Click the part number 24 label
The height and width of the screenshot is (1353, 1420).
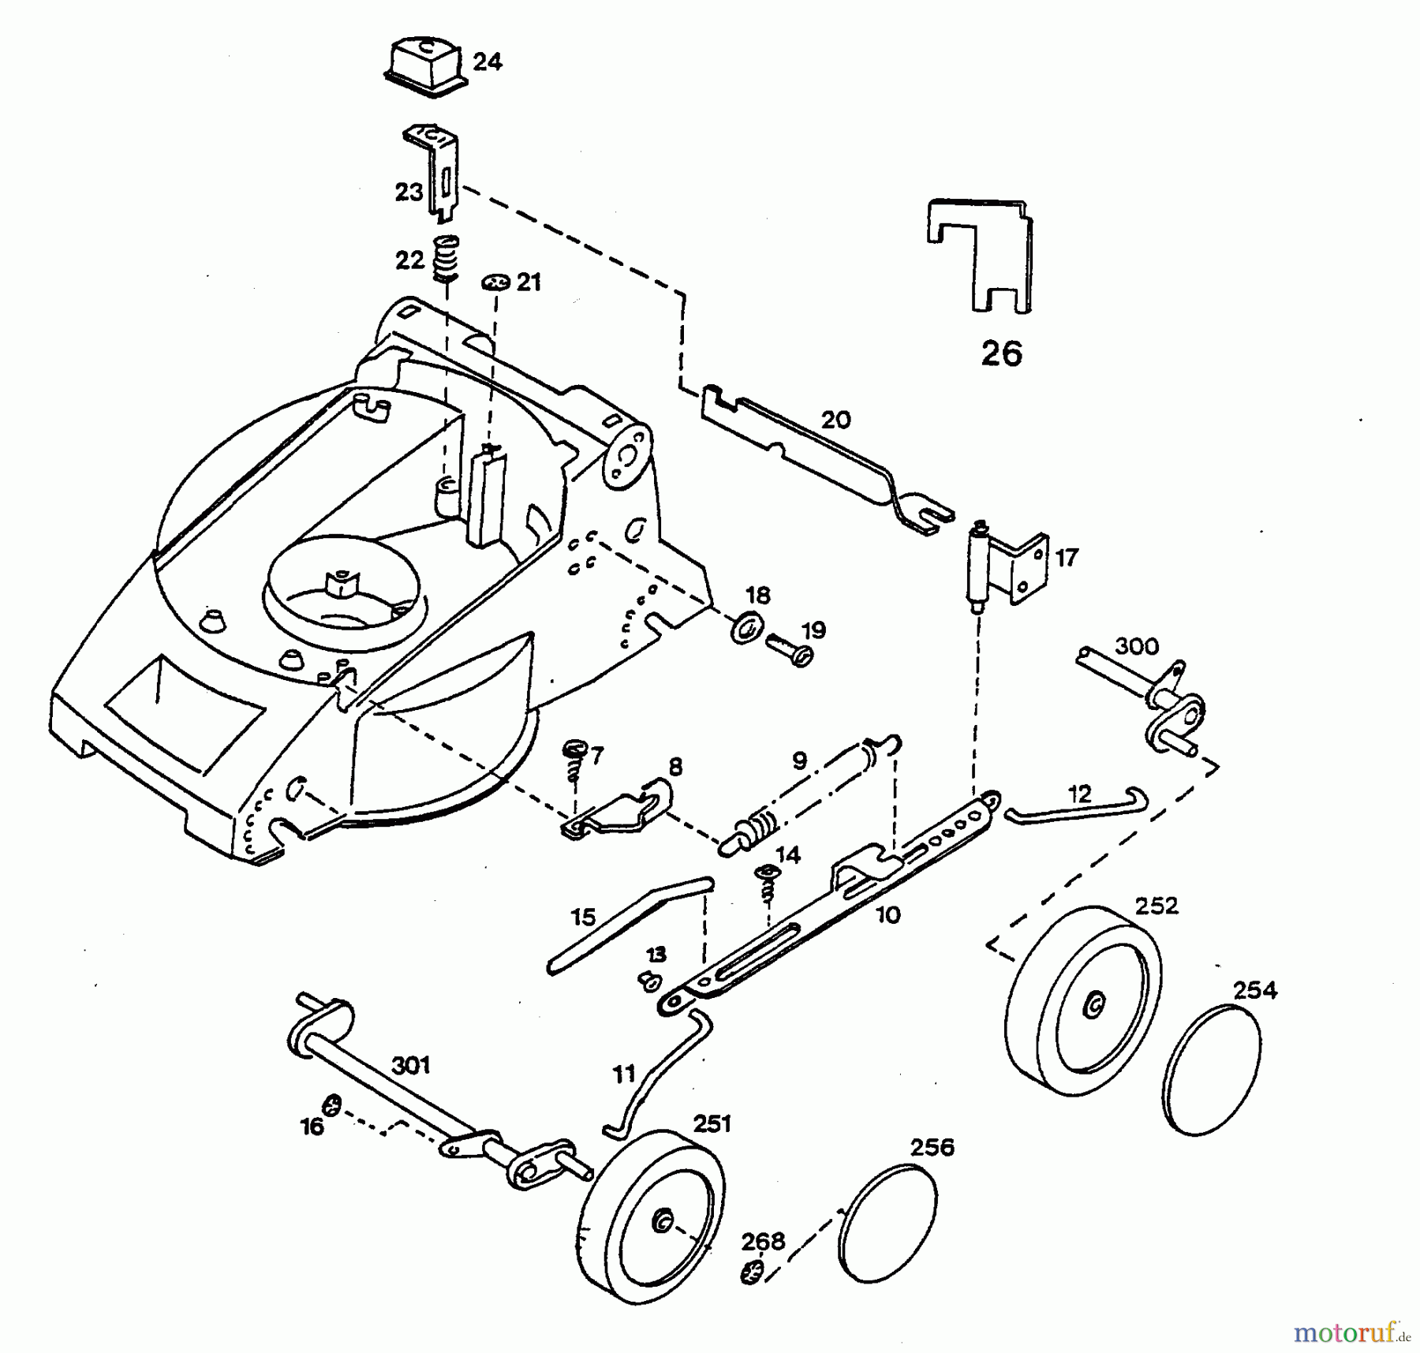487,62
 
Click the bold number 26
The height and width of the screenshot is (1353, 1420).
1001,353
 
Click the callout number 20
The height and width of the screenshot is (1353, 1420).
835,420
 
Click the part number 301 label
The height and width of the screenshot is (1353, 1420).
411,1065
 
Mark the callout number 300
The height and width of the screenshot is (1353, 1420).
1137,646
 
